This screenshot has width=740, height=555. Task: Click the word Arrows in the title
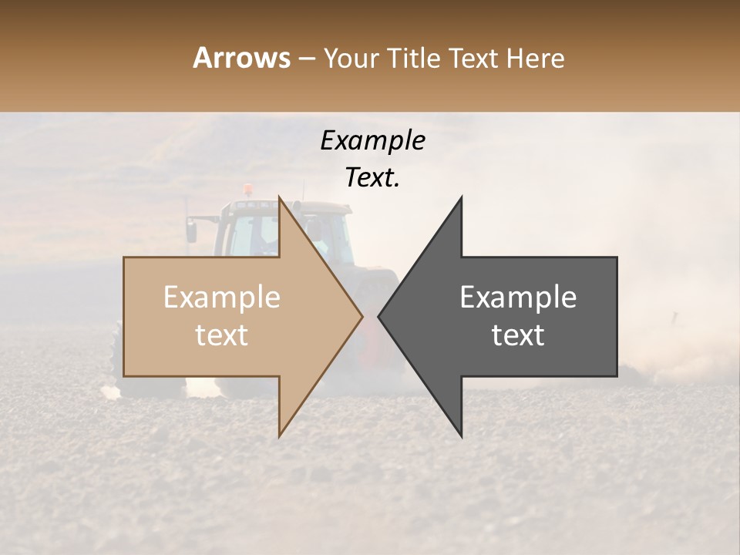tap(241, 58)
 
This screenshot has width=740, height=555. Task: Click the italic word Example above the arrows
tap(372, 141)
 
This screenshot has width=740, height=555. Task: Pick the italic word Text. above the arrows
tap(372, 177)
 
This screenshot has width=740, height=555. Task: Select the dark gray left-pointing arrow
tap(524, 317)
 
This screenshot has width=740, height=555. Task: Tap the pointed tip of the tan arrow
tap(360, 316)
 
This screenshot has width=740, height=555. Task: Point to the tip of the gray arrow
tap(381, 316)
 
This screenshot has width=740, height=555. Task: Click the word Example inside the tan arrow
tap(222, 298)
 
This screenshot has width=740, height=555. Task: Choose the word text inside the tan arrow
tap(222, 335)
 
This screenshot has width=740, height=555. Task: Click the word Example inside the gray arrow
tap(518, 298)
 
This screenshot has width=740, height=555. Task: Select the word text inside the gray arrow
tap(518, 335)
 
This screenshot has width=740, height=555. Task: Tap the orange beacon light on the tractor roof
tap(247, 189)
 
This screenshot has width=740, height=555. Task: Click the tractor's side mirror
tap(191, 230)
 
